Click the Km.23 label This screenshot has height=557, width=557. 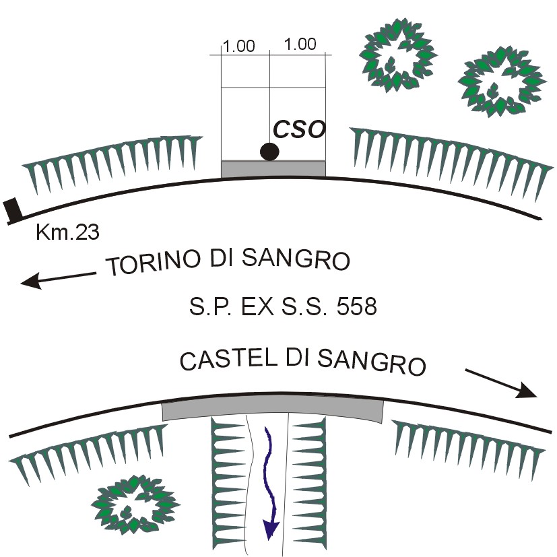(67, 233)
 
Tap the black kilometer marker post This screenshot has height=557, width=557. (13, 210)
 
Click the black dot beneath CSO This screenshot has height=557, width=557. (269, 152)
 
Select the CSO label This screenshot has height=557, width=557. (299, 129)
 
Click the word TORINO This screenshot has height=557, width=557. (149, 263)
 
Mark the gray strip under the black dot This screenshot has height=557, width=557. (273, 168)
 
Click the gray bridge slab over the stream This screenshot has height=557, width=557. (273, 407)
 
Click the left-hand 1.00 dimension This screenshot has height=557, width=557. (239, 46)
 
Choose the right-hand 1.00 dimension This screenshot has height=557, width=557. (300, 45)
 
